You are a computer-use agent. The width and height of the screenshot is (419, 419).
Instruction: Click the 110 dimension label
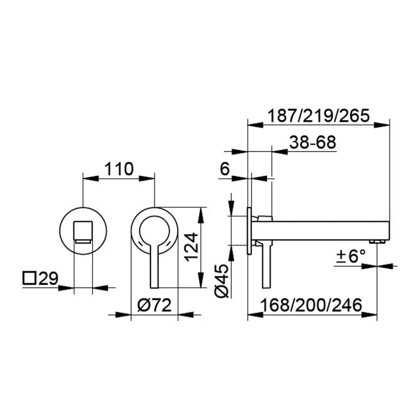click(119, 169)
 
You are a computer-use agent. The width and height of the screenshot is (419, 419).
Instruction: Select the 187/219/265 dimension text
click(318, 116)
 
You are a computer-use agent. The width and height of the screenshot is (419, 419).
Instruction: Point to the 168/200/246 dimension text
click(311, 305)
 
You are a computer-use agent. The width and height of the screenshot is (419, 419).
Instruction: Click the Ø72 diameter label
click(154, 305)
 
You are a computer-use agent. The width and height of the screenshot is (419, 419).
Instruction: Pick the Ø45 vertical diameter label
click(222, 281)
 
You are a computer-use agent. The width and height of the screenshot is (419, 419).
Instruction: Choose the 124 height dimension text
click(191, 247)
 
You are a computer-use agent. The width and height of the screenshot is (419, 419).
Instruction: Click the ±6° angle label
click(350, 256)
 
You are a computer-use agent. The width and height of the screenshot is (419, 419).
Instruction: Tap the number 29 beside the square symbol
click(48, 278)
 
